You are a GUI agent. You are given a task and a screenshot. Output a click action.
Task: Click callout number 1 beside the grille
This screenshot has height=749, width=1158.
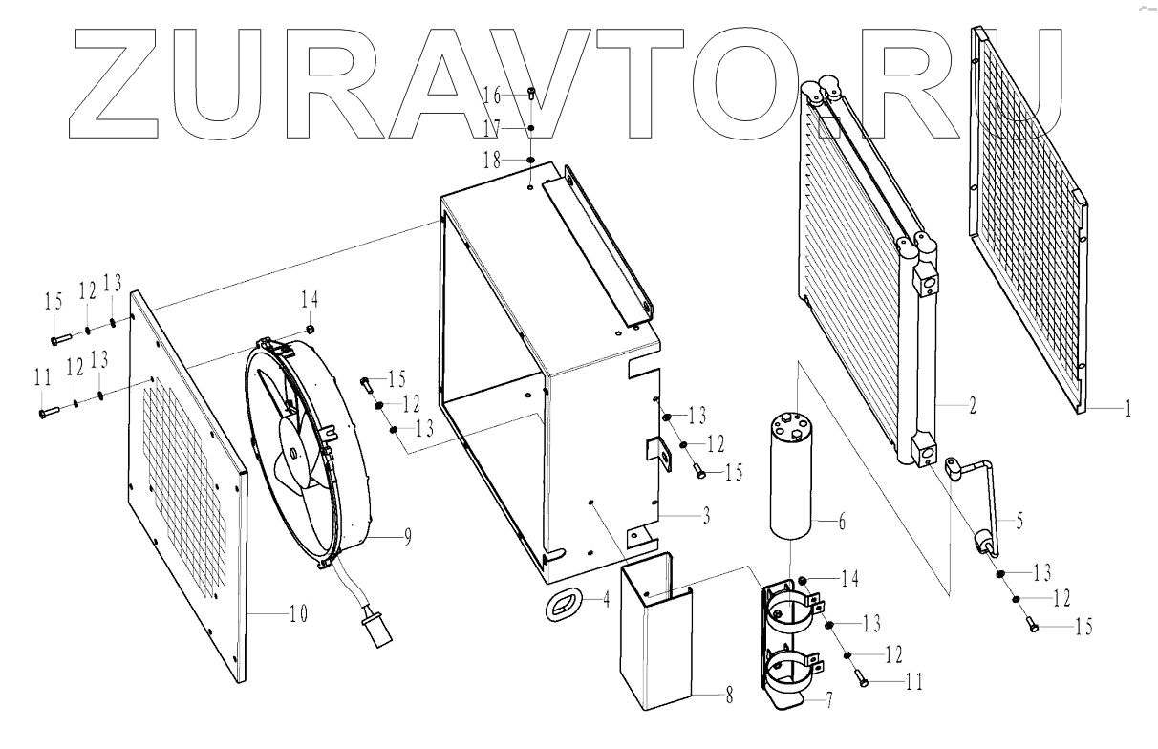pos(1127,409)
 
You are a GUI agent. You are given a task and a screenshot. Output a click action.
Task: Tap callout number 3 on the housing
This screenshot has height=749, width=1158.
pos(705,518)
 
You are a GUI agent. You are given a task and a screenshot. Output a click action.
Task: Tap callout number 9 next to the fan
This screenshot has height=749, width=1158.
pos(407,538)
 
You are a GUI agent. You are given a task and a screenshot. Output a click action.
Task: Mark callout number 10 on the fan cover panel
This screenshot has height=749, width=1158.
pos(298,615)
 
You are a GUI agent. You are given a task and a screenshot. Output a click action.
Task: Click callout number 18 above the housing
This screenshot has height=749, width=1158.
pos(492,161)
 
